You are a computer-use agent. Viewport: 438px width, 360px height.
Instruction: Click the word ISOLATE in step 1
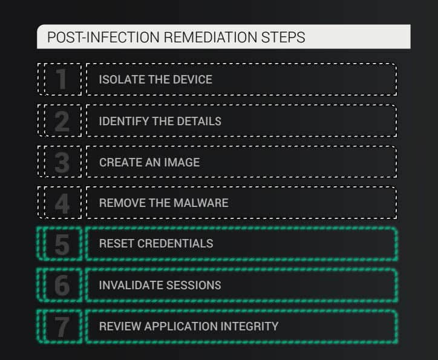pos(119,79)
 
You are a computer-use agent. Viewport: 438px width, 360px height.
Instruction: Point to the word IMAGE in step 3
pos(181,162)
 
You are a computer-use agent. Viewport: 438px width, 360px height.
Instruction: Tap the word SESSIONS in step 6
pos(192,285)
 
